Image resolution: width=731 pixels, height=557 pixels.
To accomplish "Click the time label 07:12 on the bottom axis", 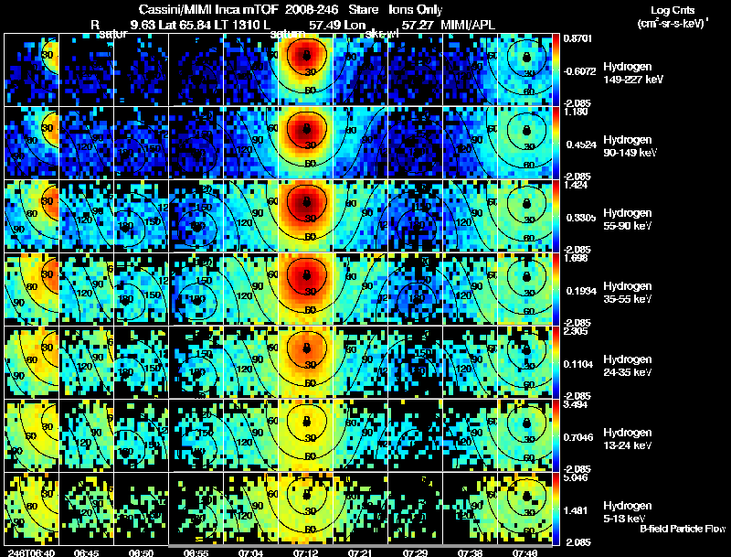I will pyautogui.click(x=306, y=552).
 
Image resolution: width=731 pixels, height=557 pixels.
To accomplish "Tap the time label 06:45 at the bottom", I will pyautogui.click(x=86, y=552).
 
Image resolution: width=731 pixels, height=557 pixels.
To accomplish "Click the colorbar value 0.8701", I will pyautogui.click(x=580, y=39).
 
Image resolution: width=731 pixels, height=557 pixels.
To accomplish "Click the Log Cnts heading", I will pyautogui.click(x=671, y=8).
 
